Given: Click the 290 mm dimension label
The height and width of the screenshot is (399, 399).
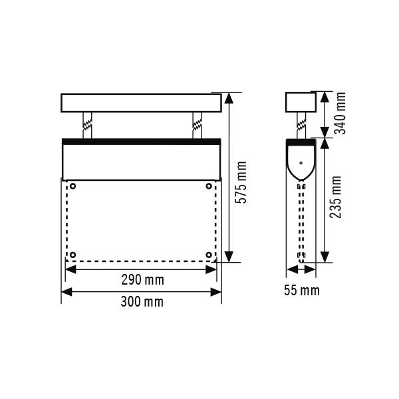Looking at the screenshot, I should [x=141, y=279].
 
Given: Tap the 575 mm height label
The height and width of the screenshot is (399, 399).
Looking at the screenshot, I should [x=242, y=182].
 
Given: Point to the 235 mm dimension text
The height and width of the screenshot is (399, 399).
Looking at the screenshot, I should [x=335, y=198].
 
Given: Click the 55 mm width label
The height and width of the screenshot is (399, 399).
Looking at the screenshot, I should [x=301, y=290].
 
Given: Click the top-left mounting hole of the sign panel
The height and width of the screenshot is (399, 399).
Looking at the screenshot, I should [x=72, y=186].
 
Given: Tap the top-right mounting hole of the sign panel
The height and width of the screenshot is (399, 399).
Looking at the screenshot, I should [x=209, y=186].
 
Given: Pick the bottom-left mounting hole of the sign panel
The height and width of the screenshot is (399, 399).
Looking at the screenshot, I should [x=72, y=255].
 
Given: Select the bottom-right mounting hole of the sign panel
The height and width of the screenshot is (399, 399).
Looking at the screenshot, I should [x=209, y=255].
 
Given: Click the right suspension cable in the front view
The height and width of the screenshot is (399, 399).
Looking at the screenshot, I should [x=196, y=125].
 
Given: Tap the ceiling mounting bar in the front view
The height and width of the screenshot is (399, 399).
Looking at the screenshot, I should [x=141, y=102].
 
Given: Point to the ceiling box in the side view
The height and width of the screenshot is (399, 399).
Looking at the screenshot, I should [x=300, y=102].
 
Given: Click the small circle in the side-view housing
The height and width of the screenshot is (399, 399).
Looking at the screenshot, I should [x=301, y=162].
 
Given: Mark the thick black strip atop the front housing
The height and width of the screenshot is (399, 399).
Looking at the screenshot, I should [x=141, y=141].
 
